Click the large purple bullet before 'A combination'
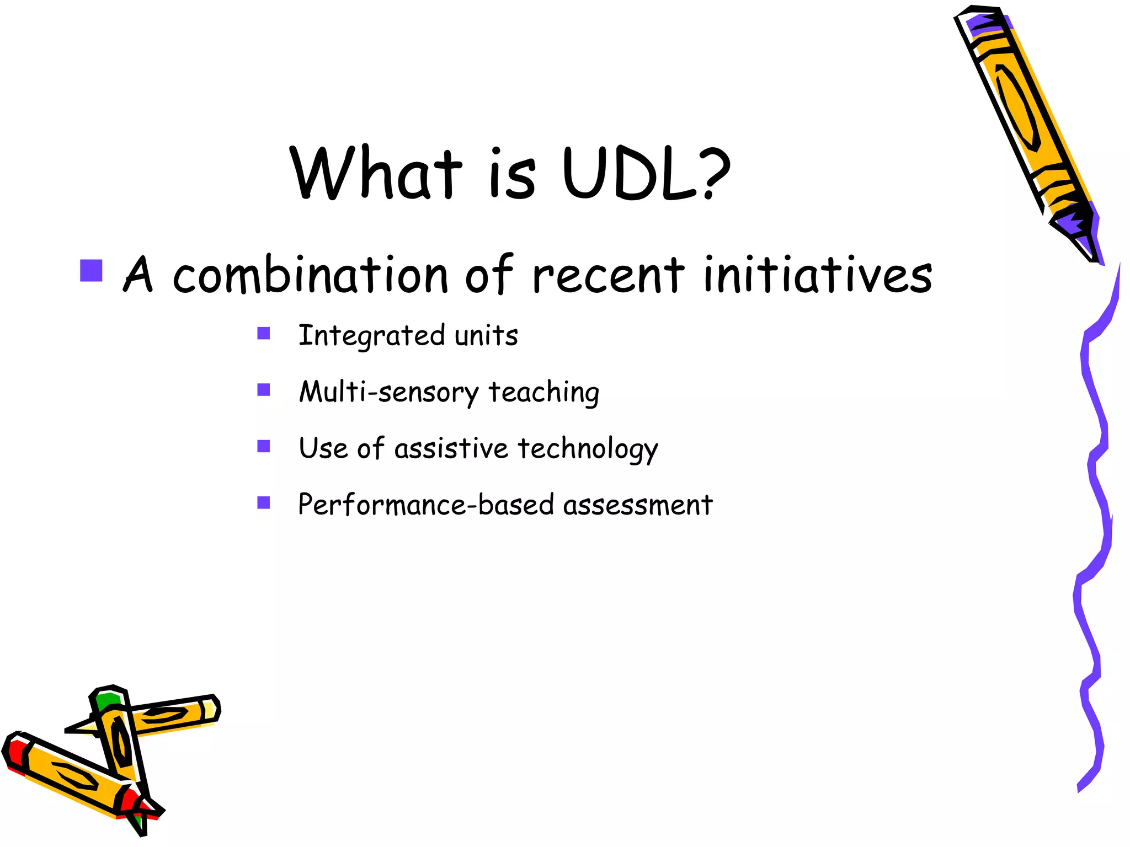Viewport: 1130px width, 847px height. (x=92, y=271)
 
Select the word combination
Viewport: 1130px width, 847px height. (x=310, y=275)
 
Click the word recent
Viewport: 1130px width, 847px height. (x=608, y=275)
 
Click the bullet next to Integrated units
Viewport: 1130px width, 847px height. (x=264, y=334)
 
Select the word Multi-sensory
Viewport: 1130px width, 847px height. (x=389, y=392)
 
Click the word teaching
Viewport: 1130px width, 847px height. (x=544, y=392)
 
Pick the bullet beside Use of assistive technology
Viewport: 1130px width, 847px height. (x=264, y=446)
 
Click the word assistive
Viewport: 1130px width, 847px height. (x=451, y=448)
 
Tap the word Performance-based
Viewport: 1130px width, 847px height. (x=426, y=505)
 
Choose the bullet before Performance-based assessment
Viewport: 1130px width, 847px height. (x=264, y=502)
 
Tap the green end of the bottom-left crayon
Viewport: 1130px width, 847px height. (x=108, y=701)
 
